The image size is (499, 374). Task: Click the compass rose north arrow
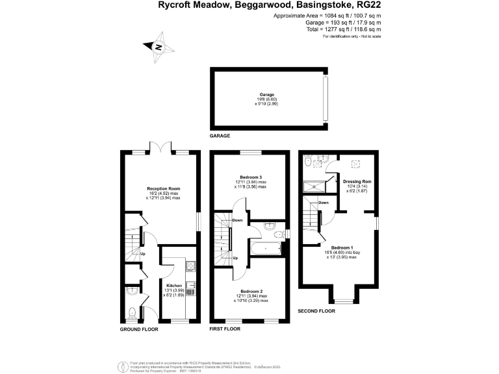[158, 47]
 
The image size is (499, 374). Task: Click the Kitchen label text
[173, 285]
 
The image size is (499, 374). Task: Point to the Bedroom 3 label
[250, 177]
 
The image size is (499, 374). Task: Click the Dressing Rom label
[357, 181]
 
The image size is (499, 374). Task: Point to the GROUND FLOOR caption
[139, 329]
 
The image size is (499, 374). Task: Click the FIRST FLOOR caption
[225, 329]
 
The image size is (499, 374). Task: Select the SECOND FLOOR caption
[316, 311]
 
